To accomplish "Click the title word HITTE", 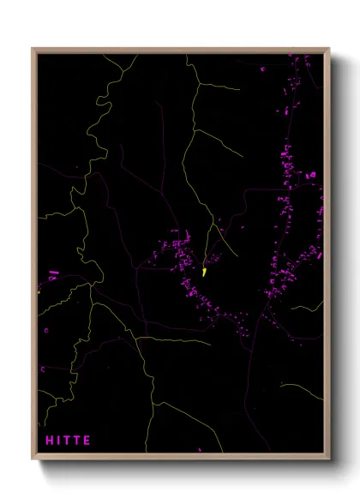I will pos(68,441).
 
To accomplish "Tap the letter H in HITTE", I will pos(49,441).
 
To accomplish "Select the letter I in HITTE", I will pos(58,441).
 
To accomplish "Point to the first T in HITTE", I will pos(67,441).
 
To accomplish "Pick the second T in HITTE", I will pos(77,441).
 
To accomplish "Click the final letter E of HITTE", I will pos(87,441).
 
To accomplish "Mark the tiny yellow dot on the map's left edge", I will pos(39,291).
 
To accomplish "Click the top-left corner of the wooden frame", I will pos(33,49).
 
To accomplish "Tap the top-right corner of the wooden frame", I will pos(329,49).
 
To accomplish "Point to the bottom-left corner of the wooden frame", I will pos(33,460).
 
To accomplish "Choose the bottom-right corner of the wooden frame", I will pos(329,460).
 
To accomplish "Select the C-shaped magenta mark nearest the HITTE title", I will pos(43,369).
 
